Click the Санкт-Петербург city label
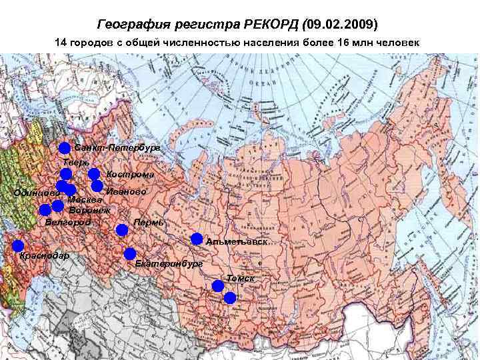(x=117, y=147)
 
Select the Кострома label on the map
(x=130, y=175)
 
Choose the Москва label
(x=85, y=199)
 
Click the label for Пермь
(x=149, y=222)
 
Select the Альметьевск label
(x=237, y=241)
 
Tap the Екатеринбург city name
(x=169, y=264)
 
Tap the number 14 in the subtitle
(x=60, y=43)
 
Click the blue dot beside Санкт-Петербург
(x=64, y=147)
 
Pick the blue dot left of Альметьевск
(x=197, y=239)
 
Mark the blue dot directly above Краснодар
(x=18, y=245)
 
